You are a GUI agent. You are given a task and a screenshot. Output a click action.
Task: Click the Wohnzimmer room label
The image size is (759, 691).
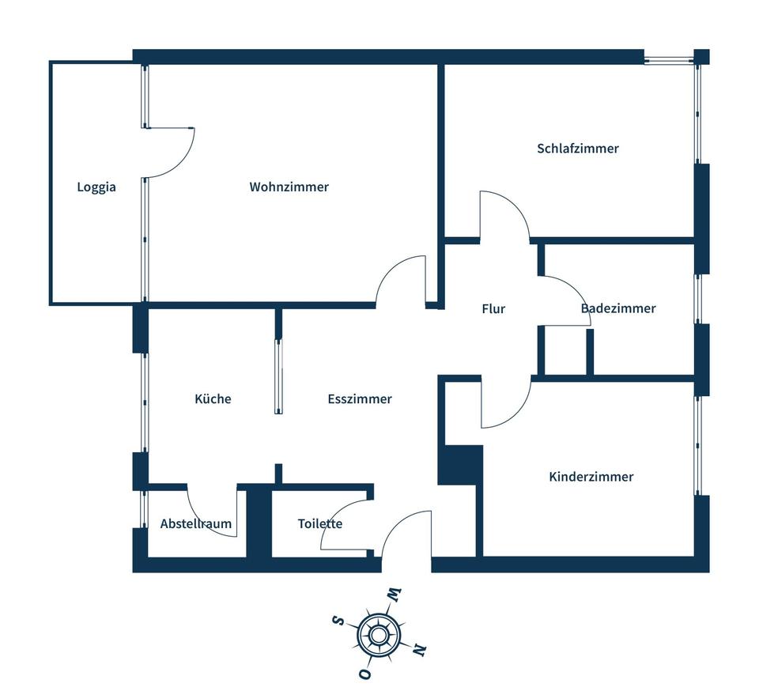point(289,187)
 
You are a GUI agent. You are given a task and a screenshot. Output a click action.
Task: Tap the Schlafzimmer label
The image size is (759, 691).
point(577,149)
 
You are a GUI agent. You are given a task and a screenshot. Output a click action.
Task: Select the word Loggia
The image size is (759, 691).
point(96,187)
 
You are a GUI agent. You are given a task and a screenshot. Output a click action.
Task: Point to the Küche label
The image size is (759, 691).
point(213,399)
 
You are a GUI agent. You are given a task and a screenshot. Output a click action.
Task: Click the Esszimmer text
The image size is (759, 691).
point(360,399)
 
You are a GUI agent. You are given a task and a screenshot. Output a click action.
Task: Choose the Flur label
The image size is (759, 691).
point(493,309)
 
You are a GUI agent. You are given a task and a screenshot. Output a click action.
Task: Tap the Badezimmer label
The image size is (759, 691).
point(617,308)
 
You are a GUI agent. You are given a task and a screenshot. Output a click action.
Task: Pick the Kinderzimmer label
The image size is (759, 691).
point(591,477)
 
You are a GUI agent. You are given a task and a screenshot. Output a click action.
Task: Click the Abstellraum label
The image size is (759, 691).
point(195,523)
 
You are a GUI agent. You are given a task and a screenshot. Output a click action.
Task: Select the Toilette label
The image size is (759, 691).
point(319,523)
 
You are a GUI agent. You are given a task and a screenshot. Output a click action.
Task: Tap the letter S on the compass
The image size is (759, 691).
point(338,621)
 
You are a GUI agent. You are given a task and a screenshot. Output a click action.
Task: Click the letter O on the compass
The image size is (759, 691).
point(365,674)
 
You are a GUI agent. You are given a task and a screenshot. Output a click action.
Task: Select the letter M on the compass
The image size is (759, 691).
point(394,593)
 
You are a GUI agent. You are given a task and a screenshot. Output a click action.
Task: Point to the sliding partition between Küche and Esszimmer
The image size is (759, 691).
point(278,376)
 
